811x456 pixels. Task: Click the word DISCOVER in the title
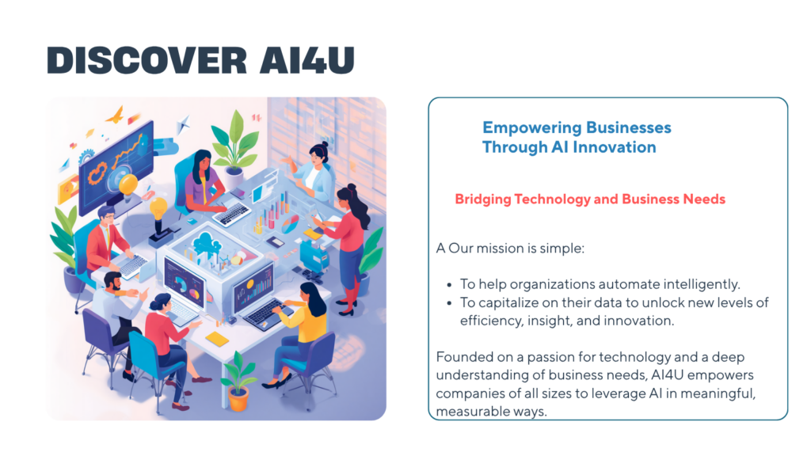coord(147,60)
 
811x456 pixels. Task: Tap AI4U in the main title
coord(307,60)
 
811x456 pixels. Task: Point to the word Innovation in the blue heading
coord(615,147)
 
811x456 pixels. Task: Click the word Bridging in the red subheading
coord(483,199)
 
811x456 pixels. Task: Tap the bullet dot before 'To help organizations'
coord(450,285)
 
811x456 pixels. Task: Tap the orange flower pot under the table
coord(238,399)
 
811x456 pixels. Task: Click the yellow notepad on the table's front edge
coord(217,339)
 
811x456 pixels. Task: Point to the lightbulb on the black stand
coord(158,209)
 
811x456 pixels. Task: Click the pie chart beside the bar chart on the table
coord(290,224)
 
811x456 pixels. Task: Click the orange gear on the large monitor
coord(97,173)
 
